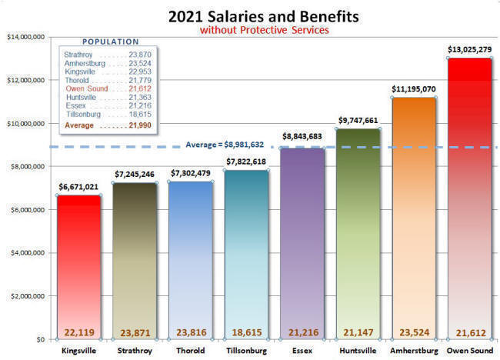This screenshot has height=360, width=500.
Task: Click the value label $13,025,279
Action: [470, 50]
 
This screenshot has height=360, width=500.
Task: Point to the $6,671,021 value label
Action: [78, 187]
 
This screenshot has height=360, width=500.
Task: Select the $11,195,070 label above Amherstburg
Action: [414, 89]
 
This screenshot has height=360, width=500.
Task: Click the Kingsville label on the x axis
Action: [78, 350]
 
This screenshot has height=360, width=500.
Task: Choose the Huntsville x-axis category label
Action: [358, 350]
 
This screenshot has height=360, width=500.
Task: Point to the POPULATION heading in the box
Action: [110, 42]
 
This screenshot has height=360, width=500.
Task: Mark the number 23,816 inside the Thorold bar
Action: [190, 332]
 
